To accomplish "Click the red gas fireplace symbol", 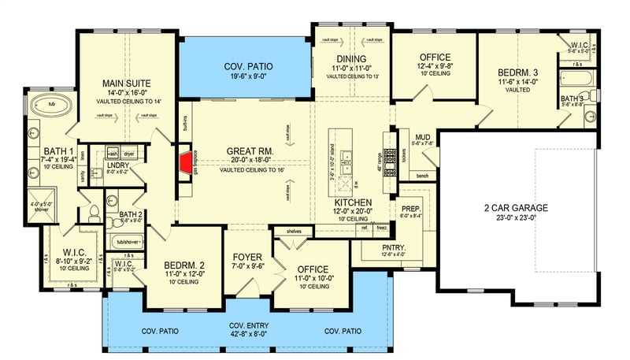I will (186, 163).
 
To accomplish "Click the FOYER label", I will (247, 257).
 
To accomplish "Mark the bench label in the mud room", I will (422, 175).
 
